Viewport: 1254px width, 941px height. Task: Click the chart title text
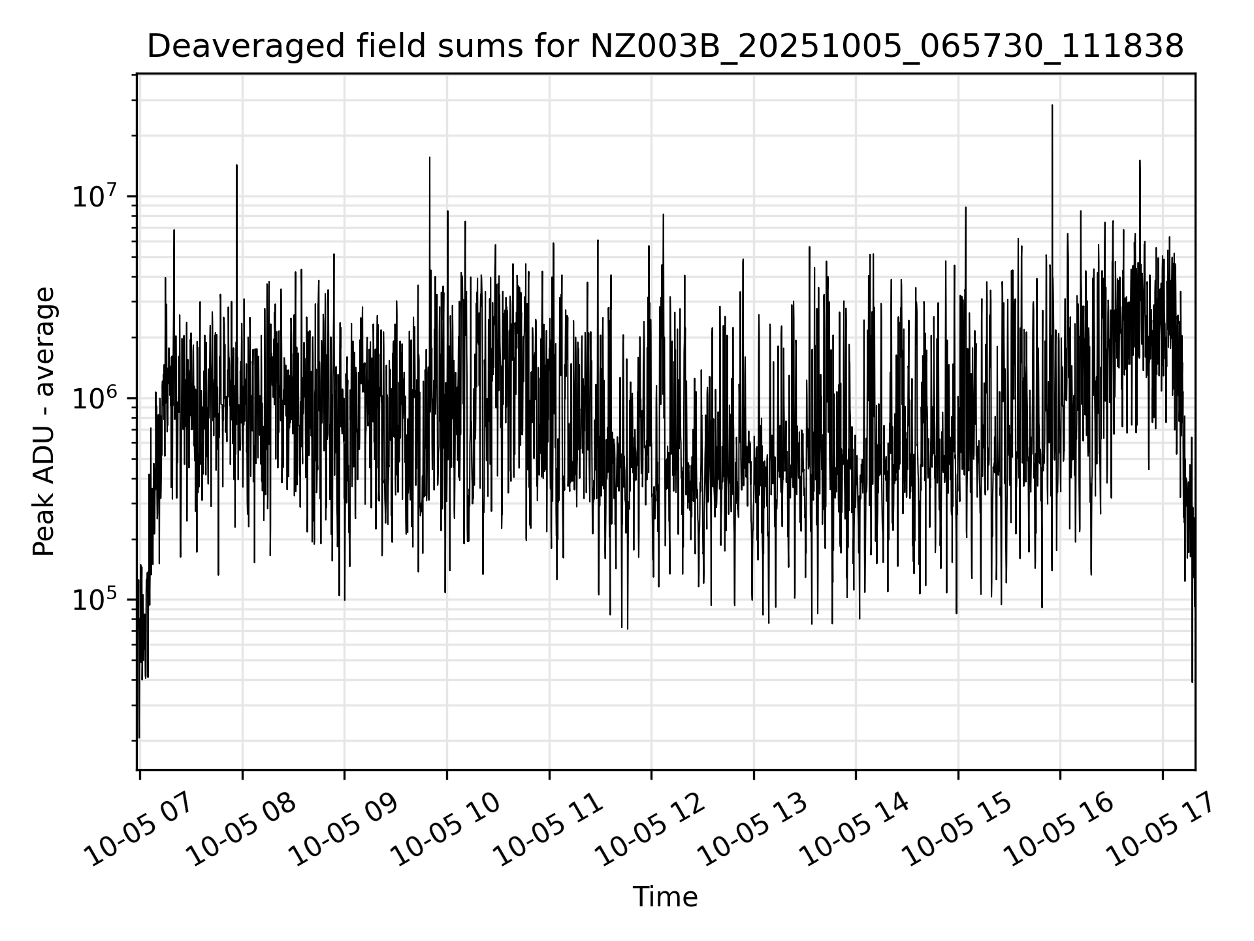(x=665, y=47)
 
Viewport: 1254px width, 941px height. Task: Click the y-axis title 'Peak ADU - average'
(x=44, y=422)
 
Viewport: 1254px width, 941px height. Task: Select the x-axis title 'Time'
(x=665, y=897)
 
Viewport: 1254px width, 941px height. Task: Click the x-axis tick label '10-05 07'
(x=142, y=830)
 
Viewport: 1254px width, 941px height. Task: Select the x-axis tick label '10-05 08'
(x=244, y=830)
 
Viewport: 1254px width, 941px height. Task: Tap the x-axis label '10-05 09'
(x=346, y=830)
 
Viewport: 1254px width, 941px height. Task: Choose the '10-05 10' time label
(x=449, y=830)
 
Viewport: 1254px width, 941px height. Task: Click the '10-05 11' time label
(x=551, y=830)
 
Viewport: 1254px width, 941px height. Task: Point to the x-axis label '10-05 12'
(x=653, y=830)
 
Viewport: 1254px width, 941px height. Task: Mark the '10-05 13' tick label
(x=756, y=830)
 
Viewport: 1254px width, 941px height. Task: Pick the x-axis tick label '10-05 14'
(x=858, y=830)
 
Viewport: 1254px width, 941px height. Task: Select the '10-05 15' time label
(x=960, y=830)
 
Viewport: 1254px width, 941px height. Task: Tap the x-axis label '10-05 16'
(x=1062, y=830)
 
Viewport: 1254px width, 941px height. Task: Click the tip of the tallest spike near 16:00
(x=1052, y=105)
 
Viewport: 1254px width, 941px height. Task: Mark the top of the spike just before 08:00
(x=236, y=165)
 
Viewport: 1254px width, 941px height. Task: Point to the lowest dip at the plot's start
(x=139, y=738)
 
